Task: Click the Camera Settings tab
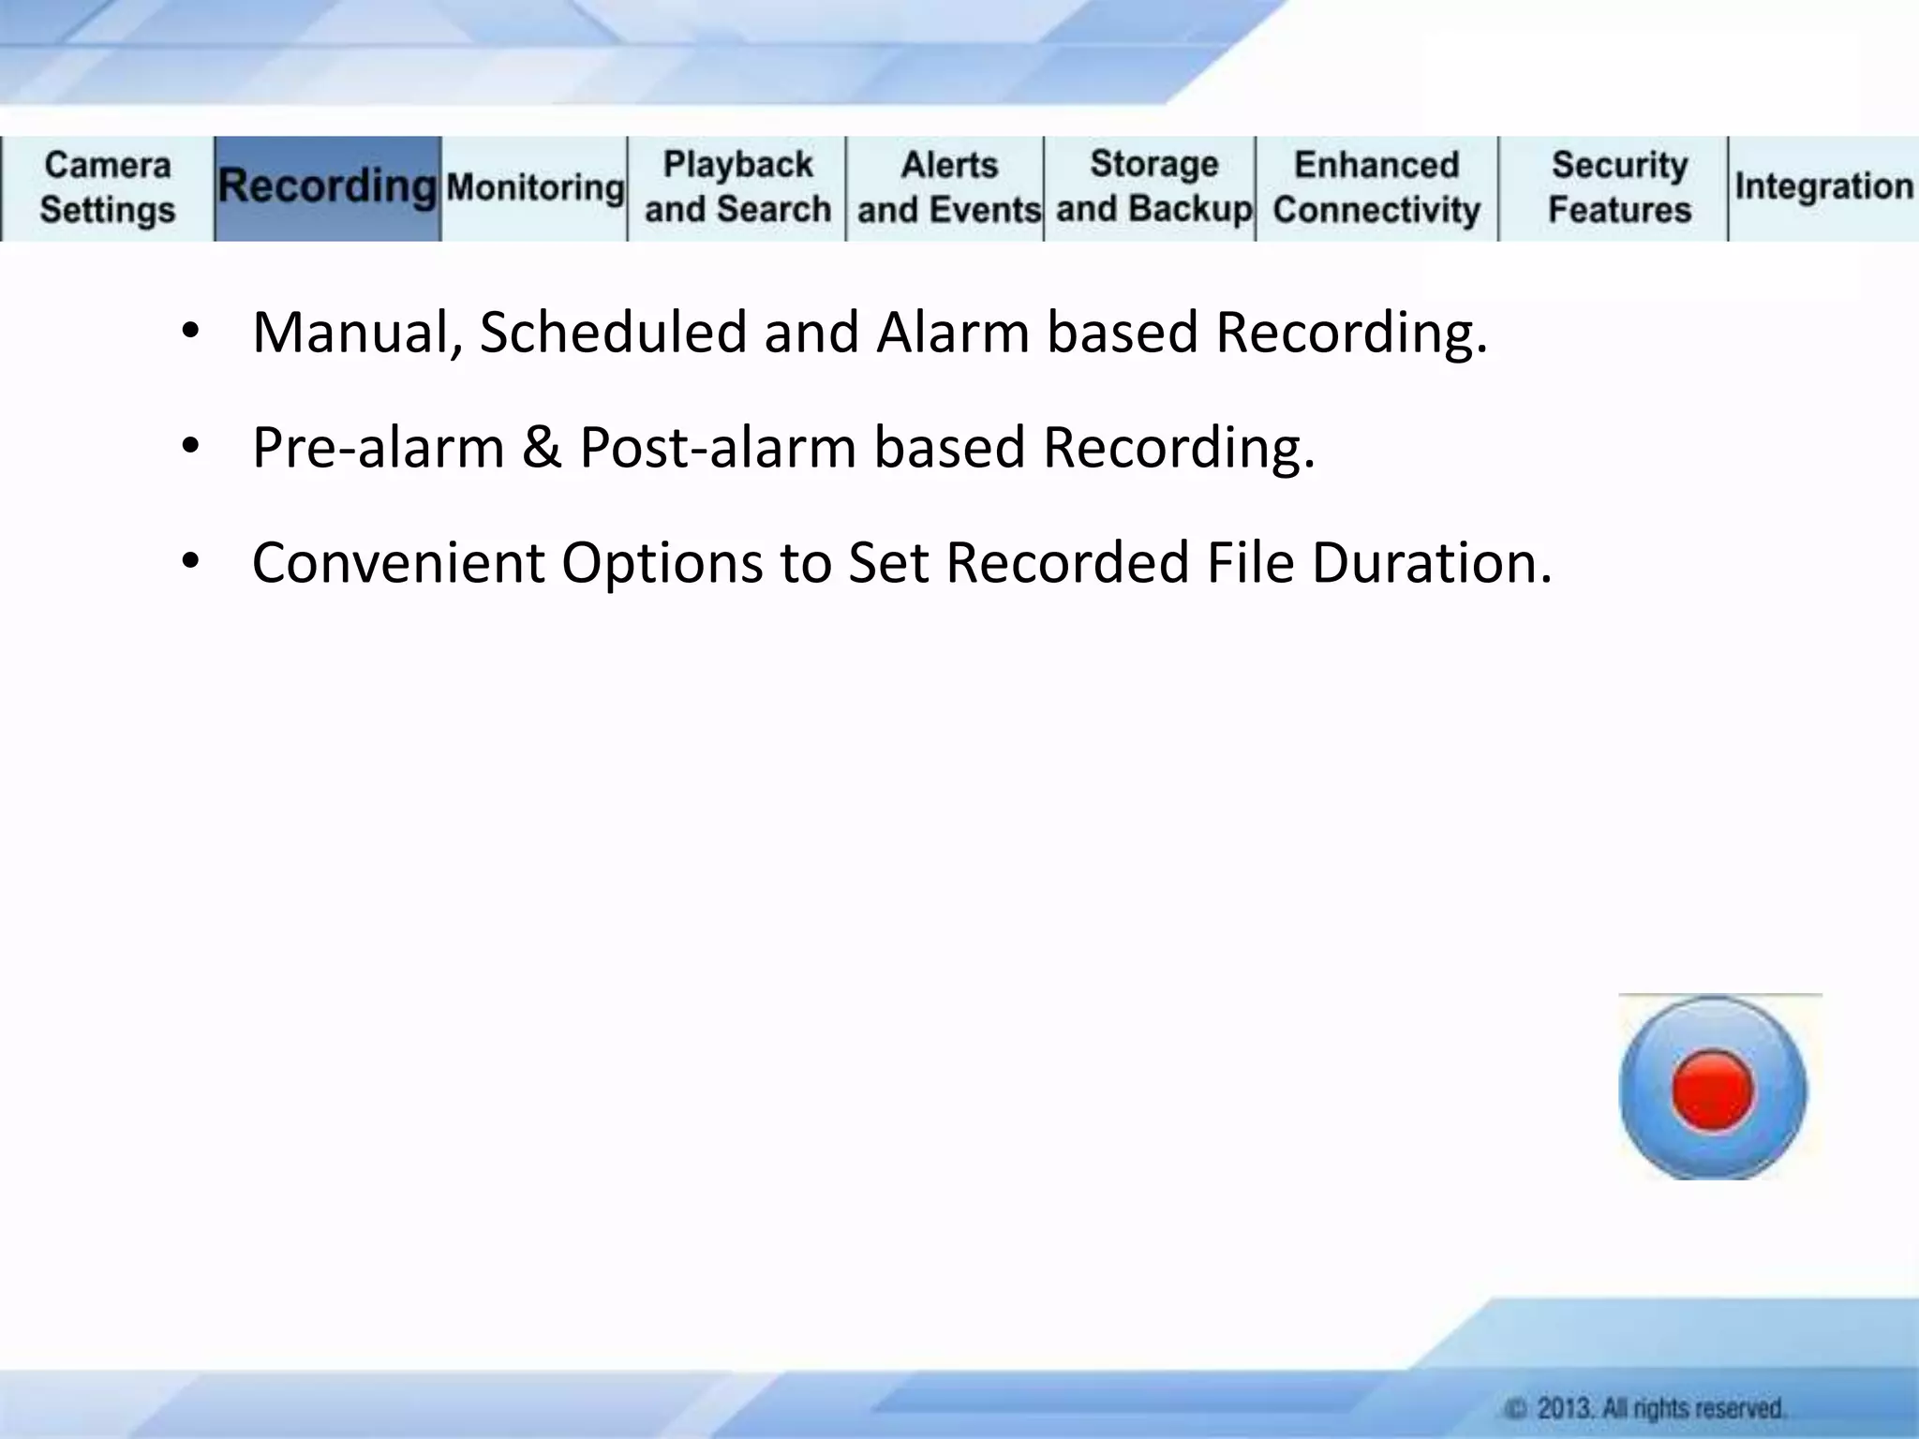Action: [x=107, y=187]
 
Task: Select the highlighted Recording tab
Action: [x=327, y=187]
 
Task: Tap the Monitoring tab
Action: [x=535, y=187]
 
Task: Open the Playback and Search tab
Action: [x=737, y=187]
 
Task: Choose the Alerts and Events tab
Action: [x=947, y=187]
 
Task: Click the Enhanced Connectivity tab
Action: [x=1376, y=187]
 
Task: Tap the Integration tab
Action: [x=1823, y=186]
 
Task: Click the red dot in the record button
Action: [x=1712, y=1090]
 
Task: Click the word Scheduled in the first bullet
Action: [x=613, y=333]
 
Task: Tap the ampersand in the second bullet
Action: [x=542, y=447]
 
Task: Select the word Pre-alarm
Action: [x=378, y=447]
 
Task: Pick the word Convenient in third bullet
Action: [x=398, y=563]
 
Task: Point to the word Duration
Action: [x=1431, y=563]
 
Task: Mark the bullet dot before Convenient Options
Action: [x=191, y=562]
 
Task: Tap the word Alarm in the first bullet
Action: [x=953, y=333]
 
